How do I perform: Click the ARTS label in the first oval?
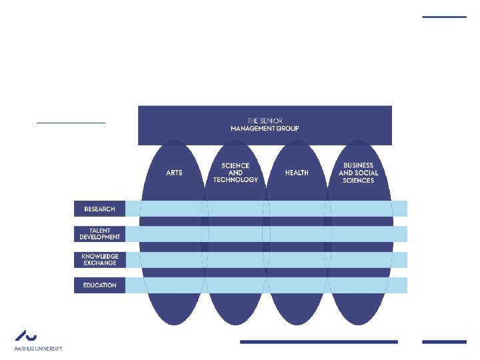[174, 173]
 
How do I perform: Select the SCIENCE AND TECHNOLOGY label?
[235, 173]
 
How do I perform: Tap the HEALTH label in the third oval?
[297, 173]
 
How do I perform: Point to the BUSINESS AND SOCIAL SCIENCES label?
[358, 173]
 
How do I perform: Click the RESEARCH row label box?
[99, 209]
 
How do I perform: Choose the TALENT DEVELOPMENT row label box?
[99, 234]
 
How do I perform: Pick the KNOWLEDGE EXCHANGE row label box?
[99, 259]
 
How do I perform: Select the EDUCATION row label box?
[99, 285]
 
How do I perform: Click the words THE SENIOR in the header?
[265, 120]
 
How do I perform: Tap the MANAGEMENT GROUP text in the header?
[265, 127]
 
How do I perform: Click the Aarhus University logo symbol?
[26, 335]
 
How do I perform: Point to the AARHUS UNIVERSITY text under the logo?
[38, 348]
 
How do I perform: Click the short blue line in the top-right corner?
[445, 17]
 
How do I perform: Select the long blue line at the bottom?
[319, 342]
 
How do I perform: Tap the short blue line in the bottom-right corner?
[445, 342]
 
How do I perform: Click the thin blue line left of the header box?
[71, 123]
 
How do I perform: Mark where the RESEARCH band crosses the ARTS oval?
[174, 209]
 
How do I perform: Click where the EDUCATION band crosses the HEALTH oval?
[297, 285]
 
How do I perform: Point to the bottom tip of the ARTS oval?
[174, 324]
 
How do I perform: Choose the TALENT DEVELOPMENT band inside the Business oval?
[358, 234]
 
